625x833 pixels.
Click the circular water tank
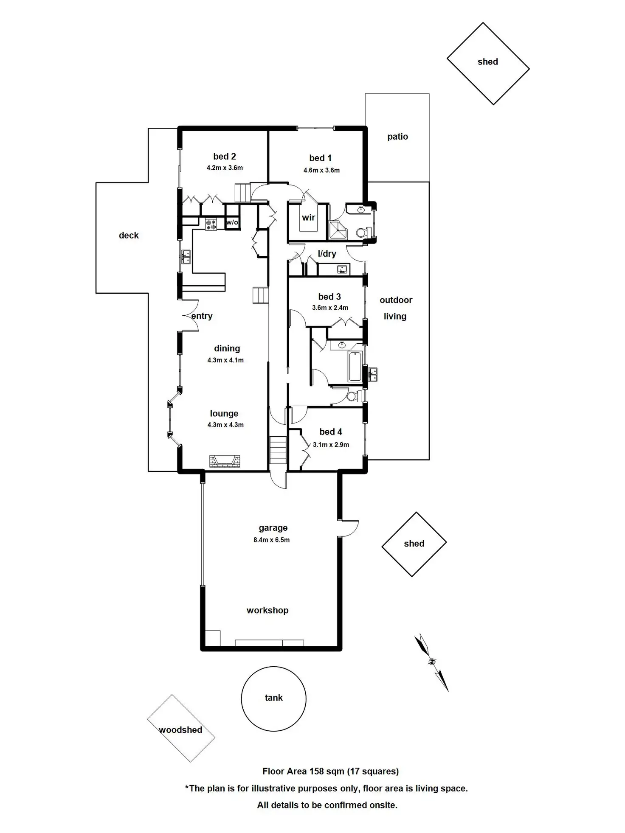(273, 698)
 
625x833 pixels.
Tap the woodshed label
(180, 730)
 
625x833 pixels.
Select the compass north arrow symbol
(432, 662)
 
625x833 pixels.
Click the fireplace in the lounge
(225, 461)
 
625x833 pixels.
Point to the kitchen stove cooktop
(211, 224)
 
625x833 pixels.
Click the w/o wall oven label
(232, 222)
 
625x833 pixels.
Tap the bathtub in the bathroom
(355, 366)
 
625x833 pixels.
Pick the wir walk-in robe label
(308, 218)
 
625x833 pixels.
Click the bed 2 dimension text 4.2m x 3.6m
(225, 168)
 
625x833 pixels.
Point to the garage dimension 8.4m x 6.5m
(272, 540)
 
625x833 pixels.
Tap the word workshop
(267, 610)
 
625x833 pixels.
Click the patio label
(397, 137)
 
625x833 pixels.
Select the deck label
(129, 236)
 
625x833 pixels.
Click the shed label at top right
(487, 62)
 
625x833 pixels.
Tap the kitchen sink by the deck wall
(186, 257)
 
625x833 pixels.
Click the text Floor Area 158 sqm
(303, 771)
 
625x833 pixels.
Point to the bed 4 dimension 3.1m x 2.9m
(331, 445)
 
